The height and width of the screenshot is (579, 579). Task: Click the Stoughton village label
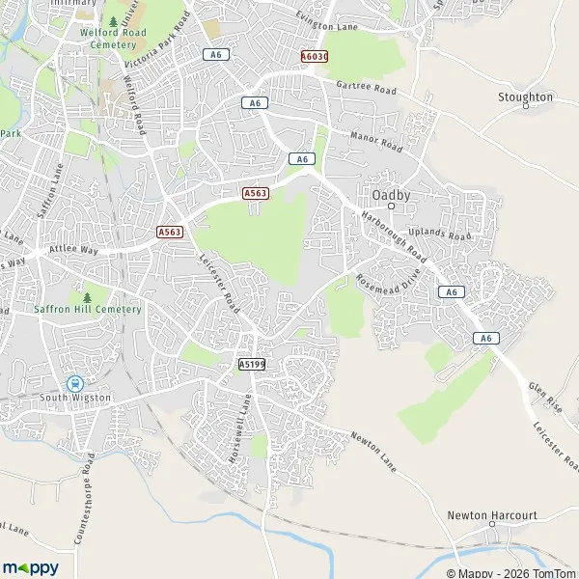pyautogui.click(x=525, y=97)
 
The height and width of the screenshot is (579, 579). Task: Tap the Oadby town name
pyautogui.click(x=392, y=194)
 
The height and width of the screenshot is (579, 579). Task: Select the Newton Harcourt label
pyautogui.click(x=492, y=515)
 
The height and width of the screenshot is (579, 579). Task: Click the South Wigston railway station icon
pyautogui.click(x=74, y=382)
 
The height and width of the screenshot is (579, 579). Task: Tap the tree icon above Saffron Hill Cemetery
pyautogui.click(x=88, y=296)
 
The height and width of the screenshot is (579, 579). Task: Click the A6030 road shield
pyautogui.click(x=314, y=57)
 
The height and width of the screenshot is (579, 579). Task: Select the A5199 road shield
pyautogui.click(x=252, y=363)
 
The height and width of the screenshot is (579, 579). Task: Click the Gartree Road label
pyautogui.click(x=368, y=88)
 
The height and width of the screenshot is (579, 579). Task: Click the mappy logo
pyautogui.click(x=30, y=567)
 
